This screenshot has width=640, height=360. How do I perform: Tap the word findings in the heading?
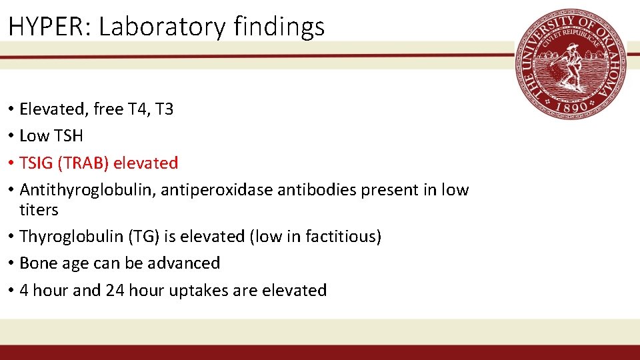[280, 27]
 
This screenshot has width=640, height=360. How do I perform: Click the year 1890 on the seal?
[571, 105]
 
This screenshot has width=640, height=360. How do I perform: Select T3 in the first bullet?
[164, 109]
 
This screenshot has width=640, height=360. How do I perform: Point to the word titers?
[39, 210]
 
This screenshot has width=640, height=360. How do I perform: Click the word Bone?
[37, 263]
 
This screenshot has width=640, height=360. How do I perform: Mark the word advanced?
[186, 263]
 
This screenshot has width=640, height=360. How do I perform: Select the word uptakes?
[207, 291]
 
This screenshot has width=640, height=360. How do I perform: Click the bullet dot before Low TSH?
[12, 136]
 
